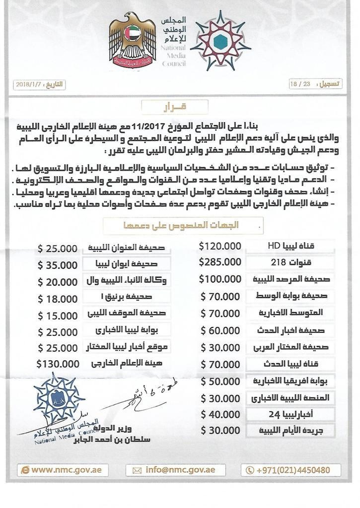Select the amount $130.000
pos(59,363)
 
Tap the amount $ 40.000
pos(221,414)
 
